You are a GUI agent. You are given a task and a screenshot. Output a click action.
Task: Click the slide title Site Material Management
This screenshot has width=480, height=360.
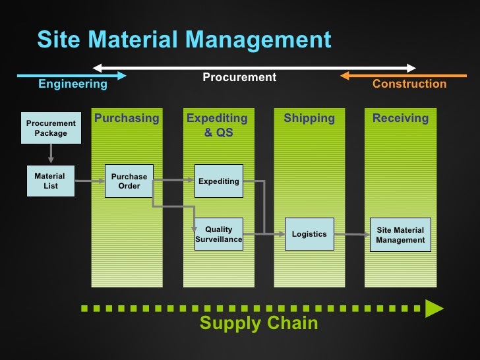[184, 40]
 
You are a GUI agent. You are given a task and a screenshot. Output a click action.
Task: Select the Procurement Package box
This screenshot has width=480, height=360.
[51, 128]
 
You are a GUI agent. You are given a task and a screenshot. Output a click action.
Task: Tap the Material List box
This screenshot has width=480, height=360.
[50, 181]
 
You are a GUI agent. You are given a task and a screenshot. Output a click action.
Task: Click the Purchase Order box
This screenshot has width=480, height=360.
[129, 181]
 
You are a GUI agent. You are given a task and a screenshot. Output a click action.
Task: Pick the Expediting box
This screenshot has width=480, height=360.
[219, 181]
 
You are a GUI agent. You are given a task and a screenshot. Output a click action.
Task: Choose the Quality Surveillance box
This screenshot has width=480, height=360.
[219, 234]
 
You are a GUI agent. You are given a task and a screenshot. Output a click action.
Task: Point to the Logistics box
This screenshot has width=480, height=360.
[309, 234]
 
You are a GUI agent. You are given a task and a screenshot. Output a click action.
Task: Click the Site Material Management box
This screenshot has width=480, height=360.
[400, 235]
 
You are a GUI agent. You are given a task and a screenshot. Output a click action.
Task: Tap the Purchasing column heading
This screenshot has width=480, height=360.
[127, 119]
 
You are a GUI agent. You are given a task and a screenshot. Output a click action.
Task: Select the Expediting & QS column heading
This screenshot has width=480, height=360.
[217, 125]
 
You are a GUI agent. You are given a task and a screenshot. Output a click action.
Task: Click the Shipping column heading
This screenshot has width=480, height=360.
[309, 119]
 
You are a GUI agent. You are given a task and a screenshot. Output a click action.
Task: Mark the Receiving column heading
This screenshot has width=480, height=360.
[400, 119]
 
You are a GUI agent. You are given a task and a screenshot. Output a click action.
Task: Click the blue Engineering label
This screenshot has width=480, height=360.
[73, 84]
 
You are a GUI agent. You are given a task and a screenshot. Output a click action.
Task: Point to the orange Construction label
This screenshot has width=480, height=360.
[409, 84]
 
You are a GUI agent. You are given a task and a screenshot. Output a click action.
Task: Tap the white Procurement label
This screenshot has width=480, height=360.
[239, 78]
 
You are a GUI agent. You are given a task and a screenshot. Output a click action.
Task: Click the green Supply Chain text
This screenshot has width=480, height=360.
[258, 323]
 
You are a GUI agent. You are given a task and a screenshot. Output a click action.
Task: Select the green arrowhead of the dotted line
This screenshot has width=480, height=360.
[433, 307]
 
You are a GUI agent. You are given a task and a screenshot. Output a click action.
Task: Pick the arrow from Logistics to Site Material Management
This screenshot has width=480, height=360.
[351, 234]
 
